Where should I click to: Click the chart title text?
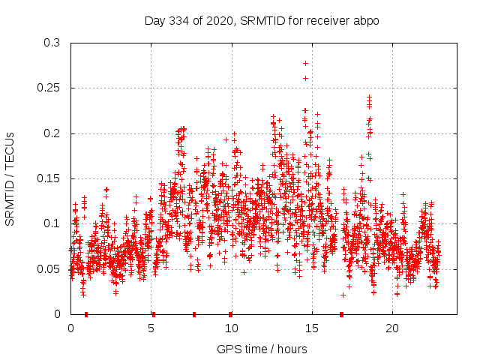262,20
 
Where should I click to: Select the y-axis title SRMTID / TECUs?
10,178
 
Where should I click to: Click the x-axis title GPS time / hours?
262,349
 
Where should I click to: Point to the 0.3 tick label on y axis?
51,43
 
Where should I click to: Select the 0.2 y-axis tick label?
51,133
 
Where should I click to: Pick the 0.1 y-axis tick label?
51,223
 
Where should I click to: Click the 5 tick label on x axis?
151,328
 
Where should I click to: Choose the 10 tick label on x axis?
231,328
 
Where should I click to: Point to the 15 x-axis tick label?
311,328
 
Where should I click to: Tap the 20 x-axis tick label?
391,328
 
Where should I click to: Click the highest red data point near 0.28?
305,63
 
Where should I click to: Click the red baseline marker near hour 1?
86,313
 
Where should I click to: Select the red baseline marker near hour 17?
341,313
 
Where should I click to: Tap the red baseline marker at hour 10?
230,313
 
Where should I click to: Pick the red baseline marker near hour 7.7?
194,313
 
